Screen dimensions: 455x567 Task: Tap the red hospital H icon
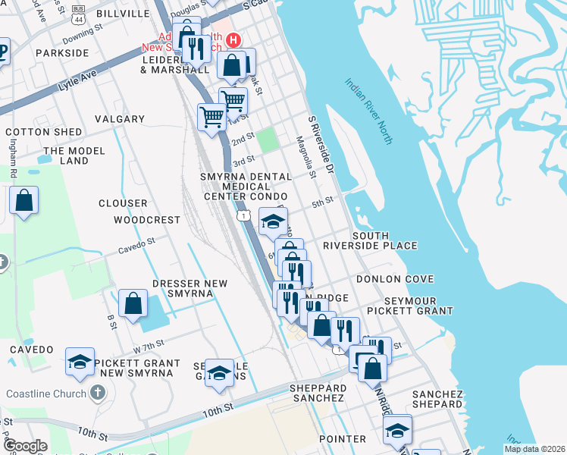(235, 39)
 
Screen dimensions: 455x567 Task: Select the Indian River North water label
(371, 111)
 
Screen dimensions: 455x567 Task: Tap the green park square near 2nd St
(267, 140)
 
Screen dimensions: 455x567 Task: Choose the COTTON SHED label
(43, 132)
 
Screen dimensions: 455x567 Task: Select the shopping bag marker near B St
(133, 304)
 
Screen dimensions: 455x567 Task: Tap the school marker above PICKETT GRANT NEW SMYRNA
(80, 362)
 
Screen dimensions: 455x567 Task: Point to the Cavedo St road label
(136, 245)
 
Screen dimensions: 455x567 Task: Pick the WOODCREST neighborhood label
(147, 220)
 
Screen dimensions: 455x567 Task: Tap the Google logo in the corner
(25, 446)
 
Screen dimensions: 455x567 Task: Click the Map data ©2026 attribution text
(534, 449)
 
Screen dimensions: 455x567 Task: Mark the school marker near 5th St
(273, 221)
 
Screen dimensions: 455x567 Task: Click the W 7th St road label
(149, 347)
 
